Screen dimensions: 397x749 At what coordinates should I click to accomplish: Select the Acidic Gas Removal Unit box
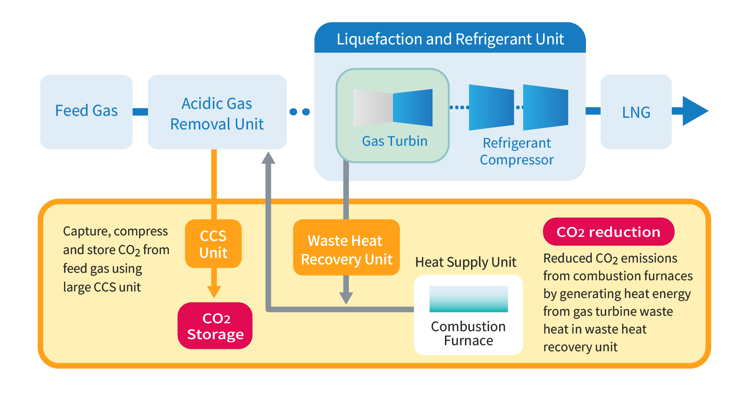coord(217,112)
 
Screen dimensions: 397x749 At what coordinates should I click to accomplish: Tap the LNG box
coord(636,112)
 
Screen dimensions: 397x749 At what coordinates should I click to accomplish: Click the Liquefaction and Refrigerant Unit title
coord(450,39)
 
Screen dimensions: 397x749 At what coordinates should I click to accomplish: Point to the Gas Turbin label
coord(394,141)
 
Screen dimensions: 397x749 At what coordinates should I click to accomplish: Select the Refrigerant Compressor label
coord(516,151)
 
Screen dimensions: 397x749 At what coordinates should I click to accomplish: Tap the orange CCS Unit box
coord(213,244)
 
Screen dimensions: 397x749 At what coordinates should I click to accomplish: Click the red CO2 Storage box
coord(215,326)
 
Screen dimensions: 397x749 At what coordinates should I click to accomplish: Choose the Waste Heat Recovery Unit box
coord(346,250)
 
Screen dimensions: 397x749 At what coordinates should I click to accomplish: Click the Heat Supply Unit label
coord(465,262)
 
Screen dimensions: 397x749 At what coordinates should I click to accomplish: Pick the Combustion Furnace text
coord(468,333)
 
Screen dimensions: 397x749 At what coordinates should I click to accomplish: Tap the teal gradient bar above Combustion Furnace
coord(468,299)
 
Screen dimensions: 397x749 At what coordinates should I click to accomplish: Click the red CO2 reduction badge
coord(608,232)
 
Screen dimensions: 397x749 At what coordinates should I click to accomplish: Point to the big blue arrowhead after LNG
coord(694,111)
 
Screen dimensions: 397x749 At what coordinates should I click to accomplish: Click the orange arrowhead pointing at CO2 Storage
coord(214,292)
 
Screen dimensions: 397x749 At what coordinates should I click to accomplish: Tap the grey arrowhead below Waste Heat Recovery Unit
coord(346,298)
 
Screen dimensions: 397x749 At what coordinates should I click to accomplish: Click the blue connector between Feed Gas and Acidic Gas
coord(140,112)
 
